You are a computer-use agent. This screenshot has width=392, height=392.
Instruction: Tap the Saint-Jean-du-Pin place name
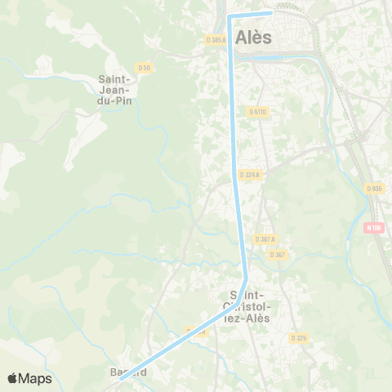[116, 90]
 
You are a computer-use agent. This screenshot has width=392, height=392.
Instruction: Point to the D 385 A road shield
[216, 39]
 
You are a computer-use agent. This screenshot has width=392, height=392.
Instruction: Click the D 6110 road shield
[258, 111]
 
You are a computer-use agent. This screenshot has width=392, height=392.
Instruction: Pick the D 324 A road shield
[250, 174]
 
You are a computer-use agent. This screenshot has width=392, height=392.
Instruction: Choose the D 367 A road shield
[265, 239]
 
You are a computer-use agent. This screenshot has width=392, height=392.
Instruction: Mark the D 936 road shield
[375, 189]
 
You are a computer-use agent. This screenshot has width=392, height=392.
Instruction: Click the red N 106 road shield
[373, 228]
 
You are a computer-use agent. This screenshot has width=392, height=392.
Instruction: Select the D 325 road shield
[298, 337]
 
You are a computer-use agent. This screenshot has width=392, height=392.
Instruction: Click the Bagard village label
[128, 372]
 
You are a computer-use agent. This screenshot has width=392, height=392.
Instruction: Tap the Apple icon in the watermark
[12, 378]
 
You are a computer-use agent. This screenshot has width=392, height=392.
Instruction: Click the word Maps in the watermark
[35, 378]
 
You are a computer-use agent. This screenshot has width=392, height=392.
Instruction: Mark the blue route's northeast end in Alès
[271, 13]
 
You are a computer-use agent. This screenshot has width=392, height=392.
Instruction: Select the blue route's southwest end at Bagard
[121, 377]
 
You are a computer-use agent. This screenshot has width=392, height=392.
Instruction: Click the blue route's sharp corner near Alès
[230, 16]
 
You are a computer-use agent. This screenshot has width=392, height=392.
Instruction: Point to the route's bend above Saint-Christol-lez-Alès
[245, 276]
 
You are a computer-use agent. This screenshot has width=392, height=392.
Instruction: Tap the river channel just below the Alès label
[269, 57]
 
